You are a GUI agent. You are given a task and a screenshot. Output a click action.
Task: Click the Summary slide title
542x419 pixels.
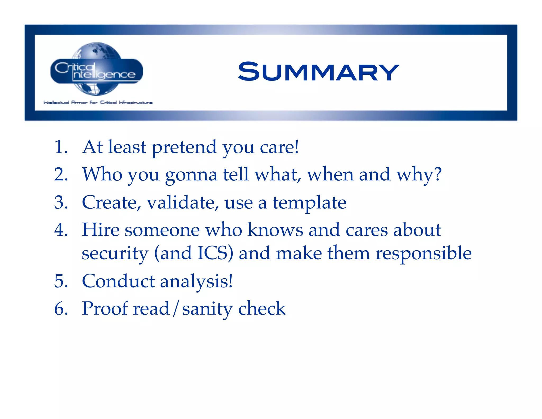[318, 72]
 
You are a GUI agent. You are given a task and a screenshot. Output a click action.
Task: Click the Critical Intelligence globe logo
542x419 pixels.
[97, 69]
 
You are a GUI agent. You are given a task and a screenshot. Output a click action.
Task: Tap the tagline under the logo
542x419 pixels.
[98, 102]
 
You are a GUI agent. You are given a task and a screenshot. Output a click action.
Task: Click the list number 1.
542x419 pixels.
[61, 147]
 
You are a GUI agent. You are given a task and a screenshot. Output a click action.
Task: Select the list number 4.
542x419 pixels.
[61, 230]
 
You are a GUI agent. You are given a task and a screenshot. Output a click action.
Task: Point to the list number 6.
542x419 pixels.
[61, 309]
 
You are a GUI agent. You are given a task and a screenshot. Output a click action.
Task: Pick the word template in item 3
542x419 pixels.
[309, 203]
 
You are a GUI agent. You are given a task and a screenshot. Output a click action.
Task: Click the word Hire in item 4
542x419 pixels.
[101, 230]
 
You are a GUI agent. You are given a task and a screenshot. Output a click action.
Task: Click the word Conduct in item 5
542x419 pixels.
[118, 281]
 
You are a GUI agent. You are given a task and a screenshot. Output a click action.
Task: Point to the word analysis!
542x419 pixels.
[196, 282]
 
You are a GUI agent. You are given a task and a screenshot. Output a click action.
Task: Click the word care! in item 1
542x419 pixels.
[279, 148]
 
